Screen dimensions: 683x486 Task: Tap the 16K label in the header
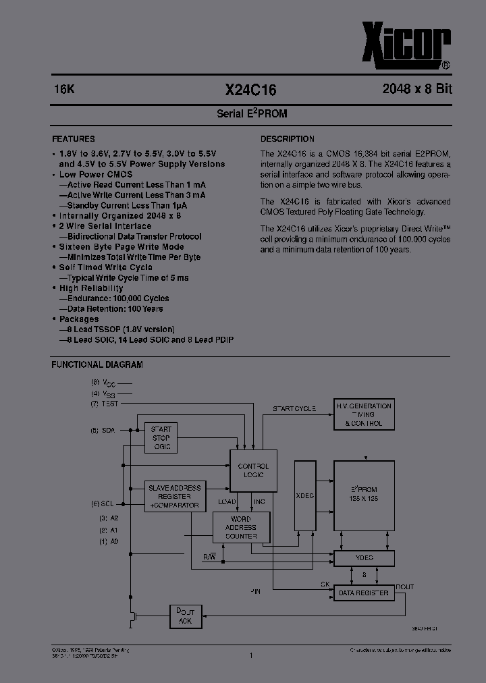click(64, 89)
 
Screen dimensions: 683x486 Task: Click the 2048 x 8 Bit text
click(416, 89)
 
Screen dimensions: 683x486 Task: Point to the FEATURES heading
click(73, 138)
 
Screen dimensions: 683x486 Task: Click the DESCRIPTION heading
click(288, 138)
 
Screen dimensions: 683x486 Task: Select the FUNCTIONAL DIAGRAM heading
click(97, 364)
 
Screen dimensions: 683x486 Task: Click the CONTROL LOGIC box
click(253, 470)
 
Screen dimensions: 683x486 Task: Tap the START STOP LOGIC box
click(161, 438)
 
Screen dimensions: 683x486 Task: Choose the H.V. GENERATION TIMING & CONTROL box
click(363, 414)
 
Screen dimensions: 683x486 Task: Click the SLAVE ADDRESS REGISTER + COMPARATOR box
click(174, 496)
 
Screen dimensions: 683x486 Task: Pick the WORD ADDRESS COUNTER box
click(241, 527)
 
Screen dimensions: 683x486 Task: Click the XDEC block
click(305, 495)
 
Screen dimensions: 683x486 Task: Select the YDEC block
click(364, 558)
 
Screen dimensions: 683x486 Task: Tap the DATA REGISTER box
click(364, 593)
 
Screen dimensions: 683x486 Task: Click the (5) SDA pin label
click(103, 430)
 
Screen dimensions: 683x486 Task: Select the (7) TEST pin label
click(104, 404)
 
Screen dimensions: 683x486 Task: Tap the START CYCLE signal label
click(294, 409)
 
